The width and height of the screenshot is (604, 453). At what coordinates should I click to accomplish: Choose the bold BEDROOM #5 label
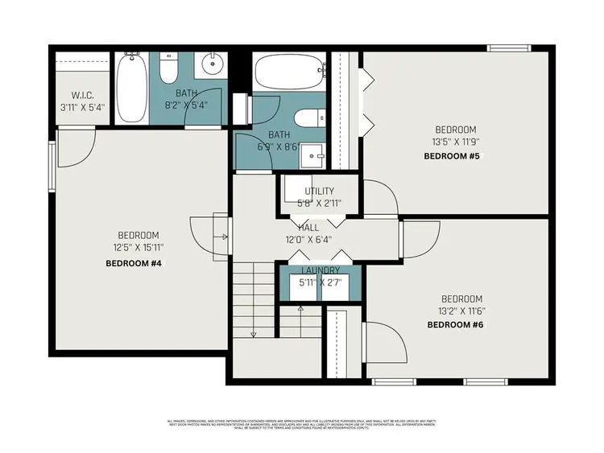(452, 156)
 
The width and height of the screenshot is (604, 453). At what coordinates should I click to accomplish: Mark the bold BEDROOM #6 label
(456, 325)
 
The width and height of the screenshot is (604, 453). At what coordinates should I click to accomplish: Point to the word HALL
(308, 229)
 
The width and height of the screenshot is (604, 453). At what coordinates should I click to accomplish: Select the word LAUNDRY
(321, 271)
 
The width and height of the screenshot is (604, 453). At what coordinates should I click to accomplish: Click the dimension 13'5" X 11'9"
(456, 142)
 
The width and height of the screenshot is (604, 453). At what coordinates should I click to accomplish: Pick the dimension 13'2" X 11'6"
(461, 311)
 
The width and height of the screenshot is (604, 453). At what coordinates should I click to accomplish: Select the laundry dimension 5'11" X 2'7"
(321, 282)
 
